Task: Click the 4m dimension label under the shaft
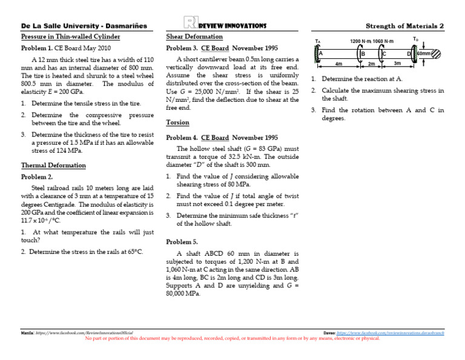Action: coord(338,63)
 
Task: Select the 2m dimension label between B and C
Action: coord(372,63)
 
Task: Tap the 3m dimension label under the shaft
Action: coord(397,63)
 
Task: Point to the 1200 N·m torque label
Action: coord(361,41)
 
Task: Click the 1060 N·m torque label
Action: coord(383,41)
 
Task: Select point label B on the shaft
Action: coord(362,54)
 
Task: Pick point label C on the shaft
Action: coord(384,54)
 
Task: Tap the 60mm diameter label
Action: coord(423,54)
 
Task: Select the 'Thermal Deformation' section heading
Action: coord(53,165)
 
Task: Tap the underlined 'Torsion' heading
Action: coord(177,122)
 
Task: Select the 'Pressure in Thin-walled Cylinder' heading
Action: coord(70,36)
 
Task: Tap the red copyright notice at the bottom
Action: coord(233,338)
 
